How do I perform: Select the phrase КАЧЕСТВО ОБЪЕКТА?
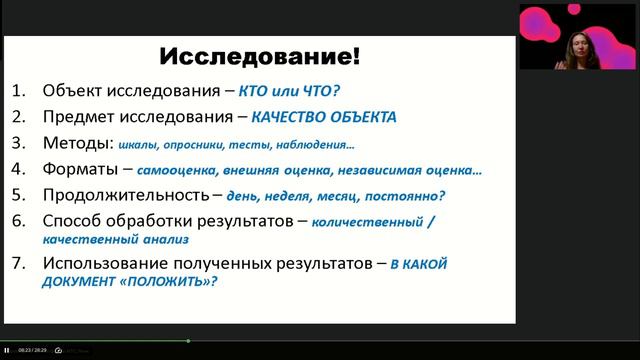pos(324,116)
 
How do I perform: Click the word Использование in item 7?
pos(101,263)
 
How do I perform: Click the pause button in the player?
pos(8,350)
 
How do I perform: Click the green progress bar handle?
pos(188,341)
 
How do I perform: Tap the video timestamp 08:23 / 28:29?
pos(32,350)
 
